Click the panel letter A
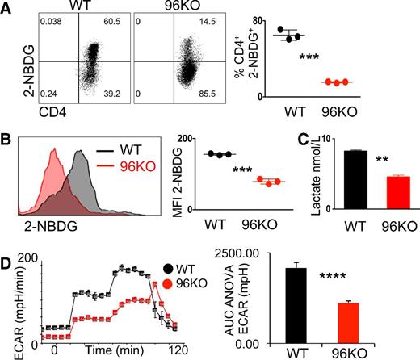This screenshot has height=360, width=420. click(x=7, y=9)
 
